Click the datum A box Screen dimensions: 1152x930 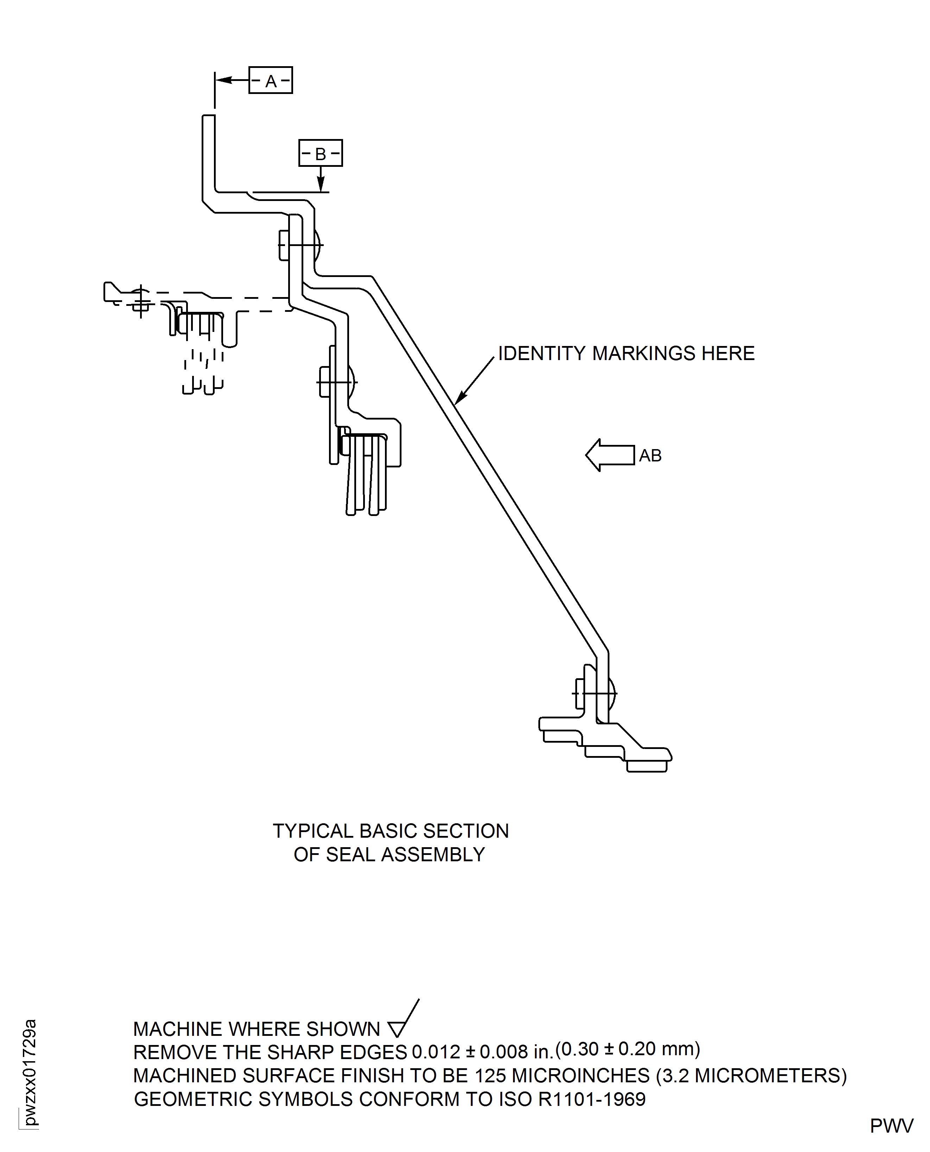(x=271, y=80)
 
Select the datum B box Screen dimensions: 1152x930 (x=320, y=153)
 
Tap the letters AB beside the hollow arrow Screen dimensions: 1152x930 (x=650, y=455)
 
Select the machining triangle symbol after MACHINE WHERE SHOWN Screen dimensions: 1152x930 (x=397, y=1029)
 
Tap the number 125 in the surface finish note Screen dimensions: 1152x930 (x=490, y=1076)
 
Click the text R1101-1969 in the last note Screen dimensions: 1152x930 (x=591, y=1100)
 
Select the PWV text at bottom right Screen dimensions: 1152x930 (x=891, y=1126)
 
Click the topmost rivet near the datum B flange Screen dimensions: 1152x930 (x=300, y=245)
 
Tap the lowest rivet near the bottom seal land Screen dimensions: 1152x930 (x=595, y=693)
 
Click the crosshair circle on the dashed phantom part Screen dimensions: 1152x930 (x=141, y=300)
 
